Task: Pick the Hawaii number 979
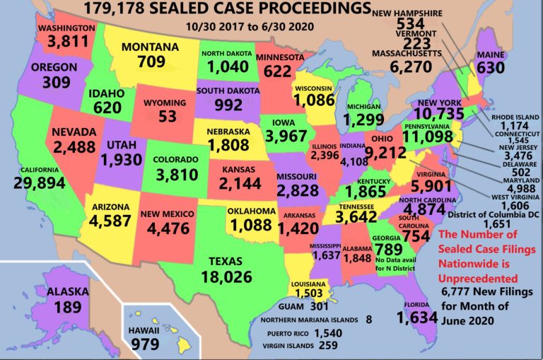coord(146,344)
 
